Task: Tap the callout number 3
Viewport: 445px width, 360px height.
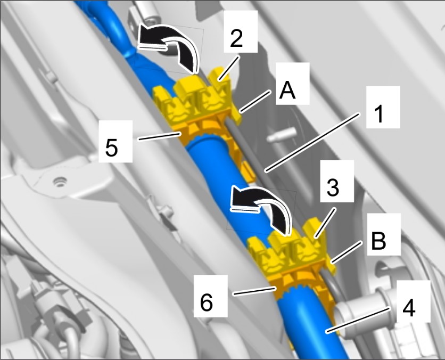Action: pyautogui.click(x=333, y=187)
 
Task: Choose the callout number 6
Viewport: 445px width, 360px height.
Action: pyautogui.click(x=207, y=302)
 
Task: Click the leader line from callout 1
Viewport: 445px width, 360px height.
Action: pyautogui.click(x=312, y=142)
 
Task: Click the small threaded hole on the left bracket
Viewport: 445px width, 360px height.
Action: pyautogui.click(x=60, y=181)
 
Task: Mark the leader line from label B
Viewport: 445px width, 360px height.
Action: pyautogui.click(x=347, y=252)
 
